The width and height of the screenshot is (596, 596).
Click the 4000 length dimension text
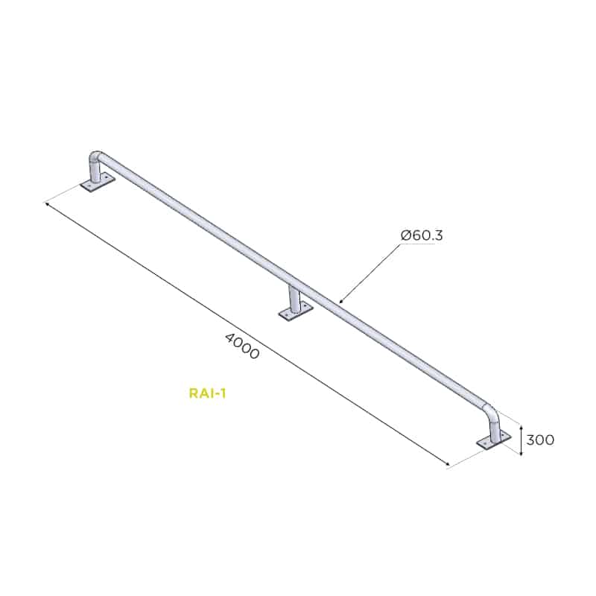(243, 346)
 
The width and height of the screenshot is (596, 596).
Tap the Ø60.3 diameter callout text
(422, 235)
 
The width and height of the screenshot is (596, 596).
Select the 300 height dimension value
(540, 440)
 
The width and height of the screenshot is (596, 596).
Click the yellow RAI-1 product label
(208, 393)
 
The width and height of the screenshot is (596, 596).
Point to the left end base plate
(98, 183)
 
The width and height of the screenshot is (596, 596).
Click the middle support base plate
(296, 311)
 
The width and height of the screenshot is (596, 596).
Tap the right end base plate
(494, 441)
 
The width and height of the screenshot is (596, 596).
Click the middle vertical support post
(294, 299)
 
